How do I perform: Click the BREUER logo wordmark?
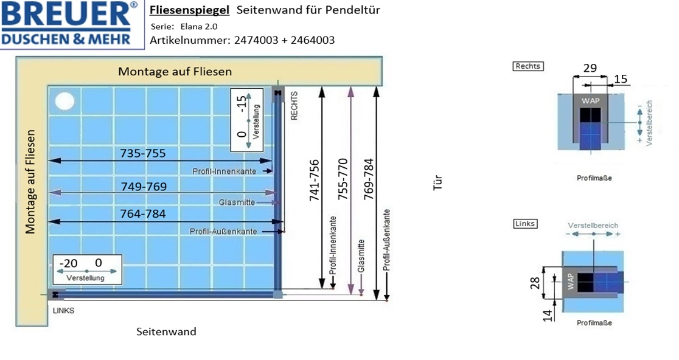click(66, 14)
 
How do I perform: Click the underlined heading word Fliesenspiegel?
click(189, 10)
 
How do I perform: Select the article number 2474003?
click(256, 40)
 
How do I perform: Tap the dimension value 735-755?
click(143, 153)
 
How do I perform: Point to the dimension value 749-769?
click(144, 187)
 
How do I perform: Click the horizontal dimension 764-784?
click(143, 214)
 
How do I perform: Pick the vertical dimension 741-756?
click(315, 181)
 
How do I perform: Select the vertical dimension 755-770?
click(343, 179)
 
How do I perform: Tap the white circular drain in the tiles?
click(64, 101)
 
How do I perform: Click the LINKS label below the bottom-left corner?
click(64, 311)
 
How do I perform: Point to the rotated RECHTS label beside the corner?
click(294, 106)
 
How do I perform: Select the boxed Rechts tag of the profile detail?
click(528, 66)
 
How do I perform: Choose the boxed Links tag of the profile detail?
click(525, 224)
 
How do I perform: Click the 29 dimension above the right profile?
click(590, 68)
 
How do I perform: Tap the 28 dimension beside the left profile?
click(535, 283)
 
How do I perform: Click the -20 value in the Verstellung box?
click(68, 263)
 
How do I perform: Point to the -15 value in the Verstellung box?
click(242, 103)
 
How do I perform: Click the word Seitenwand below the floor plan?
click(166, 331)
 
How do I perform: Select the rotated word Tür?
click(437, 182)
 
